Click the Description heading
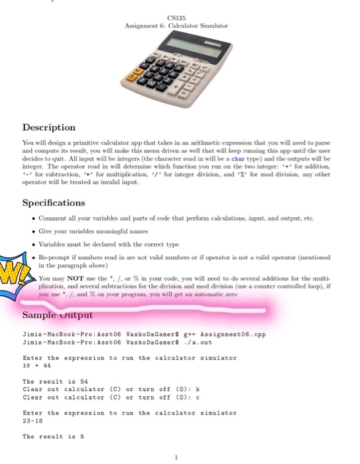49,127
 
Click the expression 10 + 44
37,365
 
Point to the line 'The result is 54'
52,381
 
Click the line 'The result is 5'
50,437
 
